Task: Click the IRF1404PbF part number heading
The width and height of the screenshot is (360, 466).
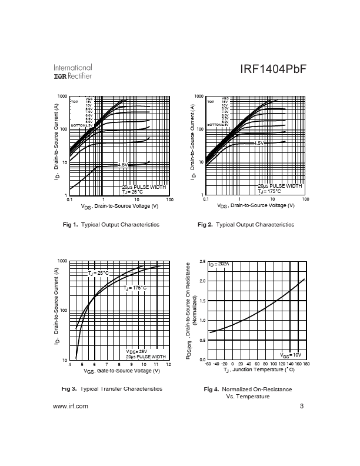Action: click(273, 69)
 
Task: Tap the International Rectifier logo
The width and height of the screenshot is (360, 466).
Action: click(73, 72)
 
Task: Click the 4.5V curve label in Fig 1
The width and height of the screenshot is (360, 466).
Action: click(123, 165)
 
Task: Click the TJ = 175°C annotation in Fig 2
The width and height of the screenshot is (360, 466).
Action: click(270, 191)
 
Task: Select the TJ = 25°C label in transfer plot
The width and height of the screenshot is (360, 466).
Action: click(99, 274)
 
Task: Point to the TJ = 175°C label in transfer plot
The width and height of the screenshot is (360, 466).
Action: click(135, 288)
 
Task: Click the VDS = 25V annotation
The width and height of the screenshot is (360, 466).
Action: click(136, 351)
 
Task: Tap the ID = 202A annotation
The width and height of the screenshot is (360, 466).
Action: click(219, 264)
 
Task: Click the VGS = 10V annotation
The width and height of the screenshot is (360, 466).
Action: click(290, 355)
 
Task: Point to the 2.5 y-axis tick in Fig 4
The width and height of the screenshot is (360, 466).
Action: click(202, 261)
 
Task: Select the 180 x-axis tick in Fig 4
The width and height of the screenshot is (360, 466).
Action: click(306, 364)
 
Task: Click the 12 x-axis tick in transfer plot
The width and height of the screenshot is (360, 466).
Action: click(169, 365)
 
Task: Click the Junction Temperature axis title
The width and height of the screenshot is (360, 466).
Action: click(258, 371)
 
